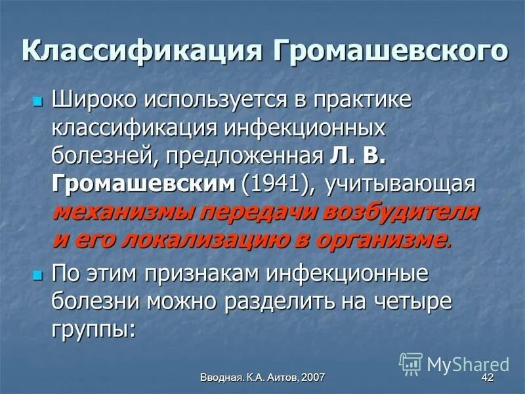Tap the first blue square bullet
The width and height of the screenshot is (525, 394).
click(37, 101)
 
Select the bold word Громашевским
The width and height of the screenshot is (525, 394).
click(142, 185)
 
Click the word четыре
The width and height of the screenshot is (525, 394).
click(416, 301)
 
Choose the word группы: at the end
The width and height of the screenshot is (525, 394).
click(94, 329)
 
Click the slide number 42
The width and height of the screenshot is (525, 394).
click(487, 377)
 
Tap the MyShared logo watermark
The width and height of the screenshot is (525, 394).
click(454, 363)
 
